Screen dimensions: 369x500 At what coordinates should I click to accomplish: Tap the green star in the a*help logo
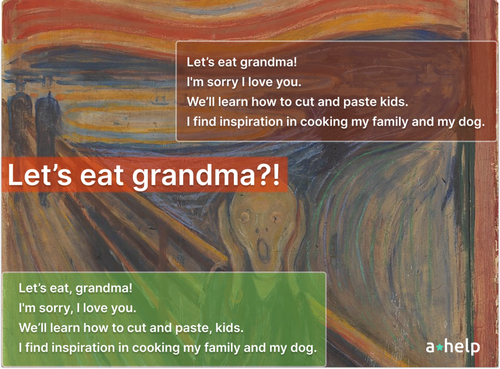(x=439, y=347)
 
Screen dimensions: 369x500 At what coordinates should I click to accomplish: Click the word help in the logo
(x=462, y=347)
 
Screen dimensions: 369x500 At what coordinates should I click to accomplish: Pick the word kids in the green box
(x=229, y=328)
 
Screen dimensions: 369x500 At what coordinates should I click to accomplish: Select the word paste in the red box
(x=360, y=102)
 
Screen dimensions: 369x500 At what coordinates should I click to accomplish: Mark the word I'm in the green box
(x=26, y=308)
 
